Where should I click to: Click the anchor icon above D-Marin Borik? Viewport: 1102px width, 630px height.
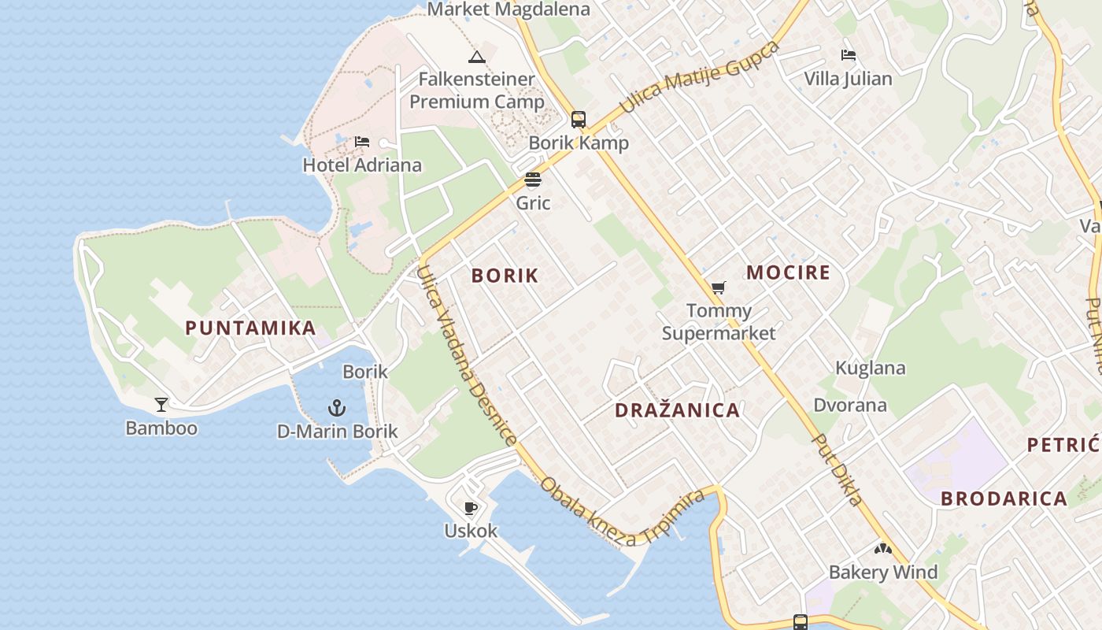[337, 408]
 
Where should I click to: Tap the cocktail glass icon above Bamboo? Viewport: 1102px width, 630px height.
[161, 405]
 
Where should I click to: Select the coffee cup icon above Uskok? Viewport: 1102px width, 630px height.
[471, 508]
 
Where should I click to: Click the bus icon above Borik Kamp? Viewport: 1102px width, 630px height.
[579, 120]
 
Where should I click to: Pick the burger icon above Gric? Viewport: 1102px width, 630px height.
[533, 180]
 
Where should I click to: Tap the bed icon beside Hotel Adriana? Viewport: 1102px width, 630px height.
[362, 142]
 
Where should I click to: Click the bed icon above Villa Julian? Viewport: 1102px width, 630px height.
[849, 55]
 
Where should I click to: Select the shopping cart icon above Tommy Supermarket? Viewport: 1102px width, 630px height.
[718, 288]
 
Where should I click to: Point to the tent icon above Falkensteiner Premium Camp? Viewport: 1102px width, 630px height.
[476, 57]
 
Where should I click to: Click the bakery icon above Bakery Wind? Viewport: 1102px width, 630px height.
[882, 549]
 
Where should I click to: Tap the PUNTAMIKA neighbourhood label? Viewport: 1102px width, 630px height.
[251, 328]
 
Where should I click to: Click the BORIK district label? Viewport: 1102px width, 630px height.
[505, 276]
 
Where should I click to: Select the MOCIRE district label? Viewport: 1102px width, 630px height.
[788, 273]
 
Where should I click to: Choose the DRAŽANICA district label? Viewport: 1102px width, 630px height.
[677, 410]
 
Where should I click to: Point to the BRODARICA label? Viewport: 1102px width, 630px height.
[1004, 498]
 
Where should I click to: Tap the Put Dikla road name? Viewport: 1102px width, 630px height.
[838, 469]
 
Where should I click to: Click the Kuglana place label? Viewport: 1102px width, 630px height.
[871, 368]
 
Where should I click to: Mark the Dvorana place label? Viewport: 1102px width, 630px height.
[850, 406]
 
